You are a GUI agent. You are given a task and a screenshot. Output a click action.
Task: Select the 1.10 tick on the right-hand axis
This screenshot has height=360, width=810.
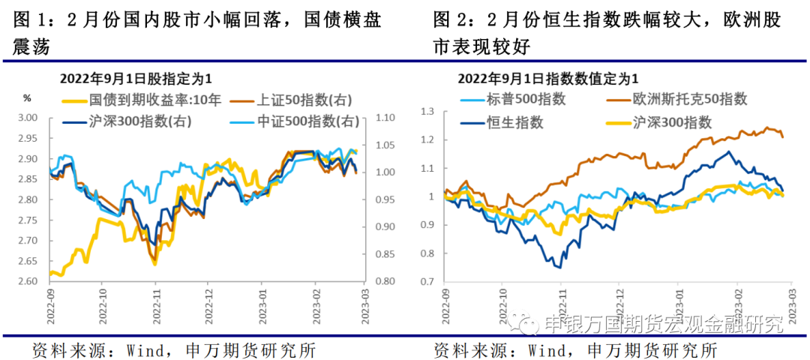pos(384,118)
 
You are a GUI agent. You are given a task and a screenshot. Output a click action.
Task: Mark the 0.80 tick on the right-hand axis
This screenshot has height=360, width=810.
pos(384,281)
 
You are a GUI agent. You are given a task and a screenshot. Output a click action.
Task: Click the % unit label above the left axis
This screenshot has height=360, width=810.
pos(27,97)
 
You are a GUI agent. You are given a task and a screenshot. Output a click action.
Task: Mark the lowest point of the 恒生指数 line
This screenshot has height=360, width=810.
pos(559,267)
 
